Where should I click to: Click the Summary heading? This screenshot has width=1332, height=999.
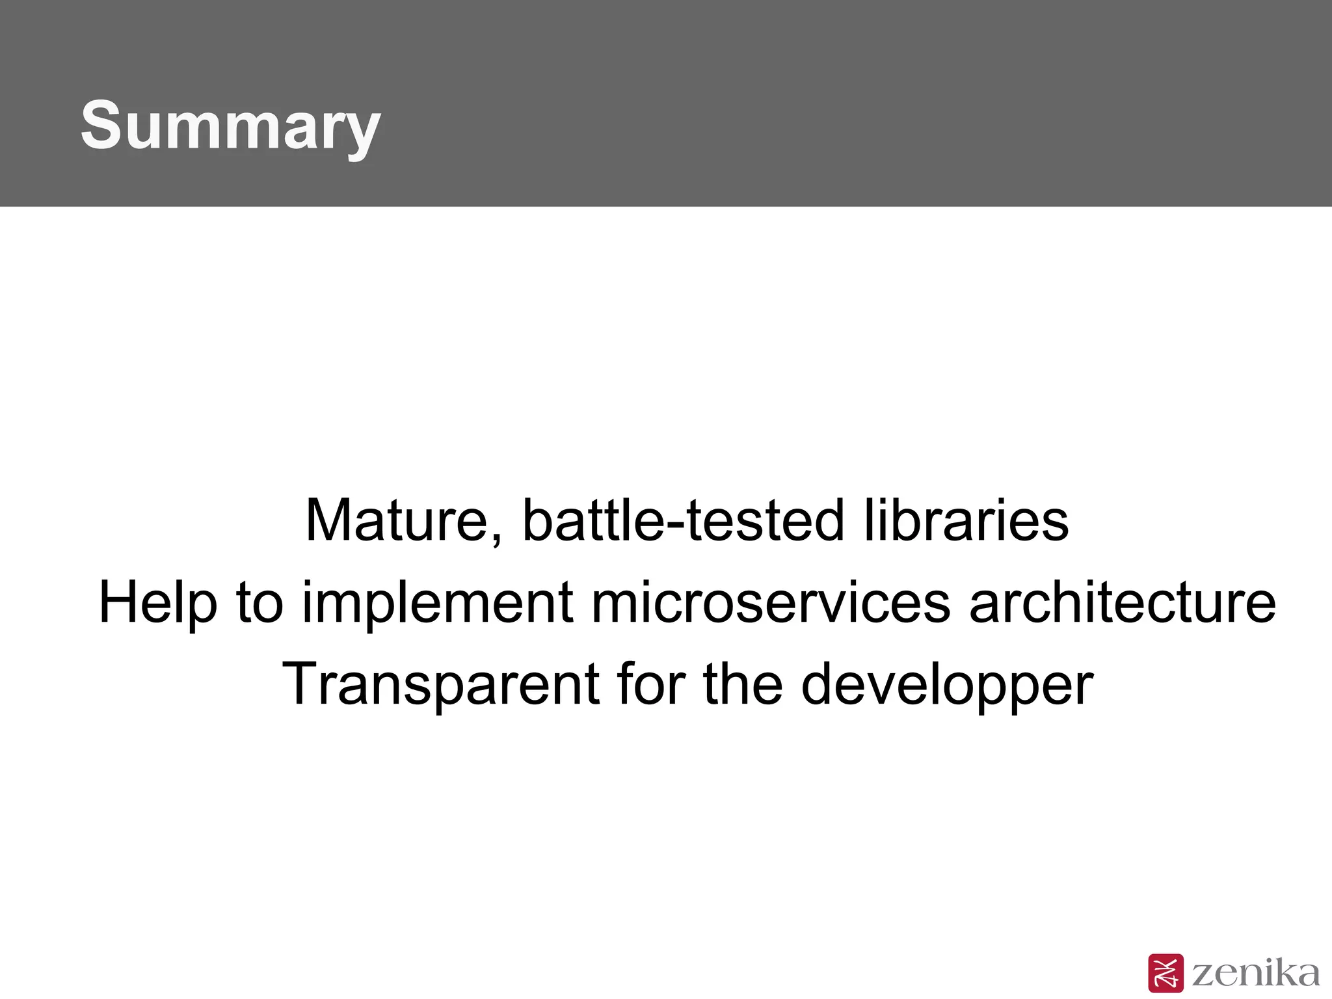(x=230, y=125)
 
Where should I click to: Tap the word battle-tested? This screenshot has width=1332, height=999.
(x=683, y=520)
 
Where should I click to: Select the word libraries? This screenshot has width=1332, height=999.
(x=966, y=520)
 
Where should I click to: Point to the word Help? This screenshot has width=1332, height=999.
(x=157, y=602)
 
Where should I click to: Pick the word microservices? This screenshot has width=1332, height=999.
(x=770, y=602)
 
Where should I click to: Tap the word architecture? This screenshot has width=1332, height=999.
(x=1123, y=602)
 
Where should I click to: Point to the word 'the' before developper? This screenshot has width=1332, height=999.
(x=743, y=684)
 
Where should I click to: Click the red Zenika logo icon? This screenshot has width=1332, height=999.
(x=1165, y=973)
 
